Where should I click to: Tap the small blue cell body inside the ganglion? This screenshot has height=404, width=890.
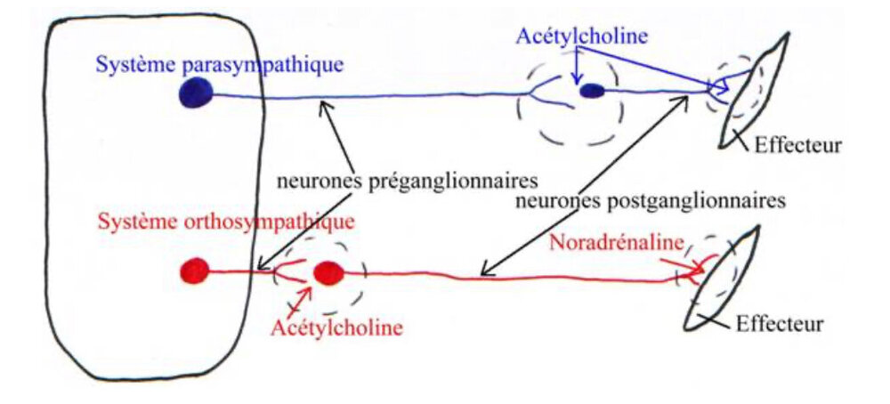[592, 90]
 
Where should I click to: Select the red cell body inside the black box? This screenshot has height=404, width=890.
[194, 269]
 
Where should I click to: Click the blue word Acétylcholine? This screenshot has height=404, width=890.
[580, 37]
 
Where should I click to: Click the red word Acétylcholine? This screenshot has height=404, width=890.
[336, 327]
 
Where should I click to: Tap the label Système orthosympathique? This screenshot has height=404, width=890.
[227, 219]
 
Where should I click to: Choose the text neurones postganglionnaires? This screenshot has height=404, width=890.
[650, 201]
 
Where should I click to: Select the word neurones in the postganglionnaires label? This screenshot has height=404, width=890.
[553, 201]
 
